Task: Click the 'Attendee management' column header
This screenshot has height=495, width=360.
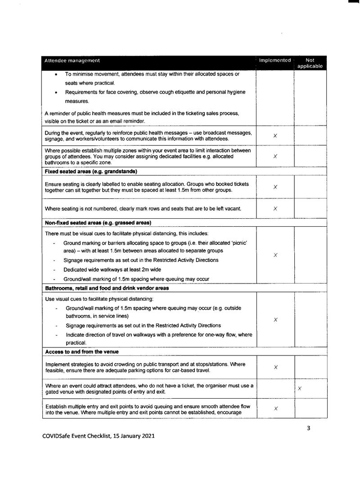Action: pos(72,60)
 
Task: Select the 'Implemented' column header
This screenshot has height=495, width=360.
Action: pos(274,60)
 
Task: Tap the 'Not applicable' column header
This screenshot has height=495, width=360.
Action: pos(310,63)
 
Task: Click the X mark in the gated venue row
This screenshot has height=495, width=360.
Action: pos(300,388)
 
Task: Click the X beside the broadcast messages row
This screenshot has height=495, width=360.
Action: pos(275,135)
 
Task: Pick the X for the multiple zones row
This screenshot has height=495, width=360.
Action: pos(275,156)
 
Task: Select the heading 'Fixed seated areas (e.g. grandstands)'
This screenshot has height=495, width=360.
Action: pos(91,171)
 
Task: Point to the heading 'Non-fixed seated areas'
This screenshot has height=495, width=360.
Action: pos(98,223)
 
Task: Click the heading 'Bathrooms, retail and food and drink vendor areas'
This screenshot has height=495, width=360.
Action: pos(107,288)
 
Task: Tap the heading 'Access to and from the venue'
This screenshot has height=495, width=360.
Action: pos(81,351)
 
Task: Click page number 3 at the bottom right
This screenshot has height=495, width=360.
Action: pos(309,428)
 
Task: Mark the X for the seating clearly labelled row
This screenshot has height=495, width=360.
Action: pos(275,187)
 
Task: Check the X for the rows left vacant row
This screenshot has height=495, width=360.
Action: pos(275,208)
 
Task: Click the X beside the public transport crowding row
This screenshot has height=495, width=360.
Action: pos(275,367)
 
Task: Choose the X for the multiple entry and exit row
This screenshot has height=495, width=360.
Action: pos(275,408)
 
